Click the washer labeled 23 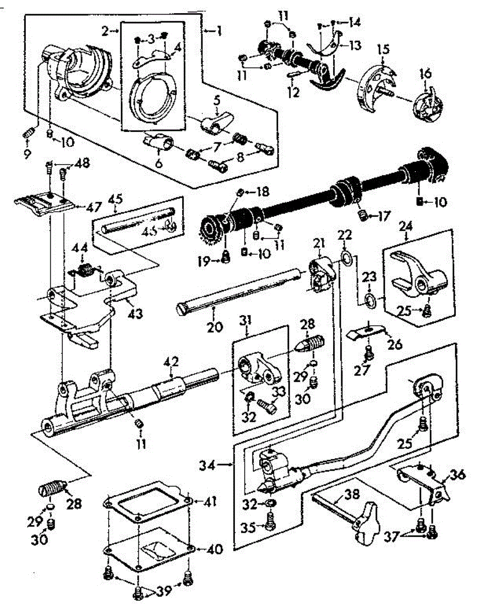click(370, 301)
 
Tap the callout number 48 click(82, 164)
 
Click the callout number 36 click(457, 475)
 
